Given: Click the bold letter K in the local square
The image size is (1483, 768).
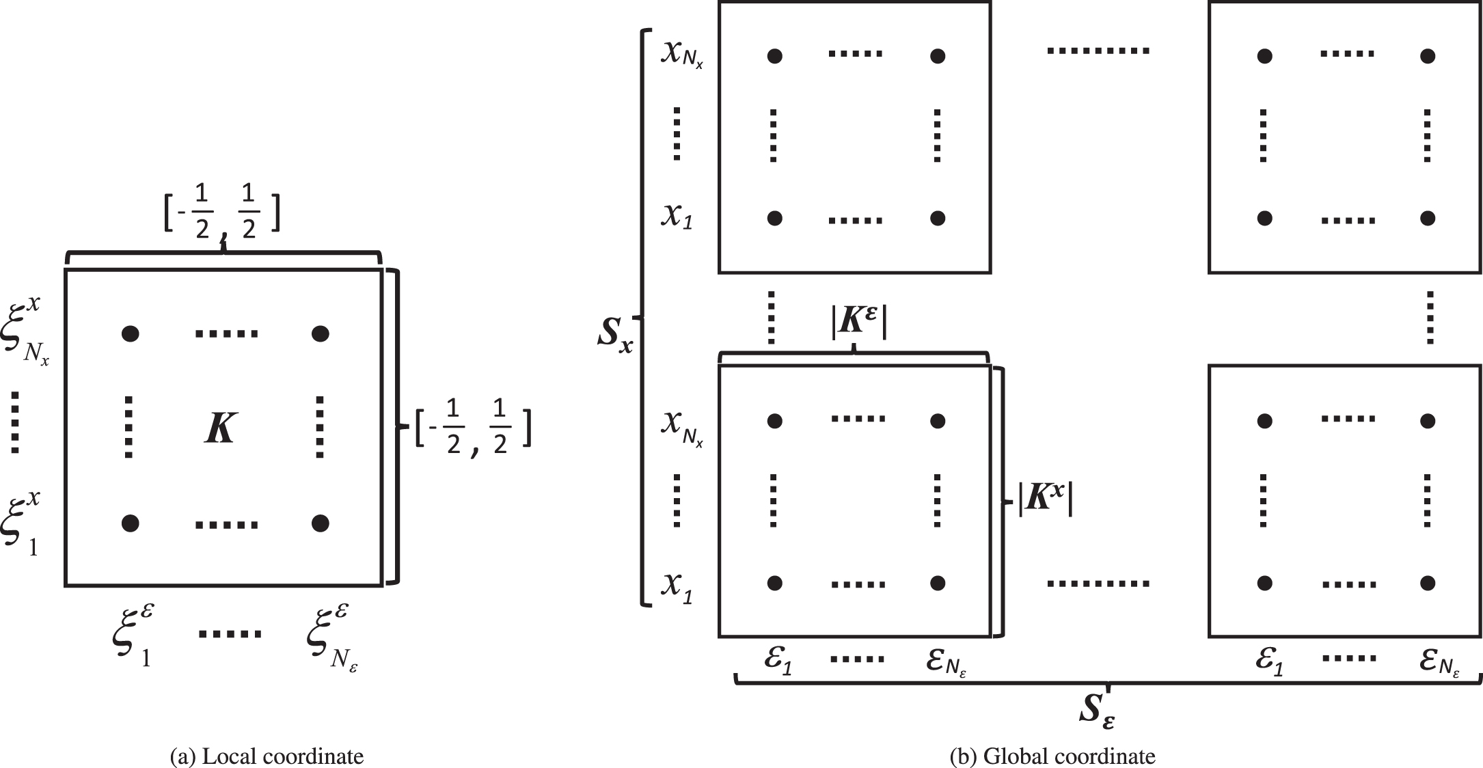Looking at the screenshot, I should [220, 429].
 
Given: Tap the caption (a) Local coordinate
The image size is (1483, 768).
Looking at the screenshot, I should [267, 756].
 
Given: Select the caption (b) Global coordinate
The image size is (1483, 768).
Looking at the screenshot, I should [1052, 756].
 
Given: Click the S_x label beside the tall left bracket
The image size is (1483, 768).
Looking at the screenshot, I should [614, 334].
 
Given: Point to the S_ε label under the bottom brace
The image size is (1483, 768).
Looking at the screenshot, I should [1098, 711].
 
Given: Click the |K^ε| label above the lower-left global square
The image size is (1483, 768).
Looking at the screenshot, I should [858, 323].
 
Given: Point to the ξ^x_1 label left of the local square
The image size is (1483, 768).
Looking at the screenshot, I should [25, 526].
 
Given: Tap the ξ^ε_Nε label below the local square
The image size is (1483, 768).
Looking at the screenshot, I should [332, 637].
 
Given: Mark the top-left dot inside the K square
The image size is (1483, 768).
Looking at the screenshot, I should [130, 333].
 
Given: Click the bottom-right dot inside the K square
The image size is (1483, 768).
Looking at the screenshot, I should [320, 523].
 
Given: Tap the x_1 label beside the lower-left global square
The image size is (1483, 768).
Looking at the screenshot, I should [677, 586].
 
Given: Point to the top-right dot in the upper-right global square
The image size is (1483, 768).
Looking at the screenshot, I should [1427, 56].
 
